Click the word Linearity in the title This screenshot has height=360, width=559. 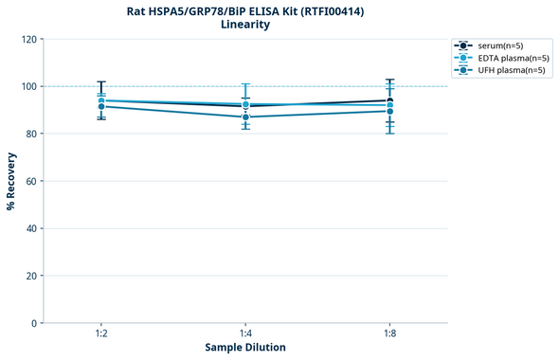click(x=244, y=25)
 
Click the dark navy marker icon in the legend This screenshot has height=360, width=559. click(x=462, y=45)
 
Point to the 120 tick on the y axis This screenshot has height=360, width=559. click(x=27, y=39)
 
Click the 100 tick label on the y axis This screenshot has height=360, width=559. click(x=27, y=86)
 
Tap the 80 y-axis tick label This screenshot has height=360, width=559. click(x=30, y=134)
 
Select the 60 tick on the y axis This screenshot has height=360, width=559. click(x=30, y=181)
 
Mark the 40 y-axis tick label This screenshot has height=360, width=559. click(x=30, y=228)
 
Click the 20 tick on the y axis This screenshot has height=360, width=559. click(x=30, y=276)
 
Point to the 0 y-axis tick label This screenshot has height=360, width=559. click(x=33, y=323)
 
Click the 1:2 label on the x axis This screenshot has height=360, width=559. click(x=100, y=333)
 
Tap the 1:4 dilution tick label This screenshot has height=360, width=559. click(x=245, y=333)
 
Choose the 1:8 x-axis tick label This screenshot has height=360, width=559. click(x=389, y=333)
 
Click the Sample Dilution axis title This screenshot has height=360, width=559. click(x=245, y=348)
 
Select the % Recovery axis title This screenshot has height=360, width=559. click(x=11, y=180)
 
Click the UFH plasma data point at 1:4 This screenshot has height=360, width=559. click(x=245, y=117)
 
